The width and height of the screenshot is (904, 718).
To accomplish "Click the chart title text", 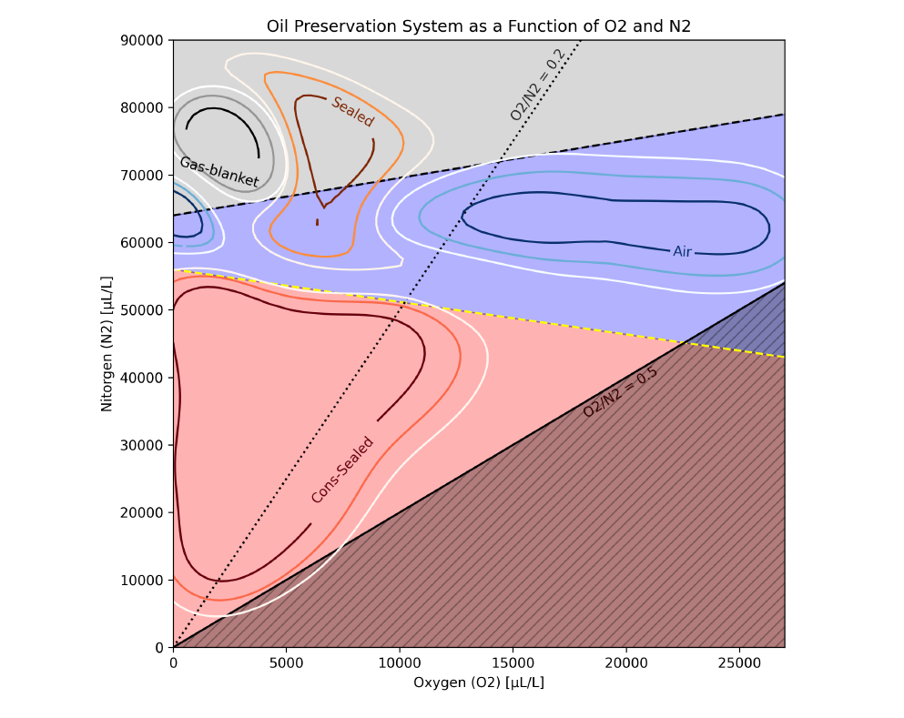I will pos(478,25).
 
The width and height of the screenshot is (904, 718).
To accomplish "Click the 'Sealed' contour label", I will pos(352,112).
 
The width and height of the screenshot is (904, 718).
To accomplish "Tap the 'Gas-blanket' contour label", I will pos(218,171).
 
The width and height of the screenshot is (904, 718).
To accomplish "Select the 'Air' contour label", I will pos(683,251).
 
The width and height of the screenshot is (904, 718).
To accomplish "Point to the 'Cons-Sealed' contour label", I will pos(342,470).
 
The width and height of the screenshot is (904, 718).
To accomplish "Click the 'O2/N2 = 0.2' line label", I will pos(537,85).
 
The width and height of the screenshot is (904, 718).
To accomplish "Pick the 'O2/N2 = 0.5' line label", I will pos(620,392).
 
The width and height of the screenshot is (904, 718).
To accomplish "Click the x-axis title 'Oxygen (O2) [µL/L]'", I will pos(478,683).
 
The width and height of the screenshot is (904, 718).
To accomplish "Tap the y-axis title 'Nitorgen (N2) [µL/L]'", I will pos(107,343).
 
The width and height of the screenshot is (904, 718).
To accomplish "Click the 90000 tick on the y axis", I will pos(145,40).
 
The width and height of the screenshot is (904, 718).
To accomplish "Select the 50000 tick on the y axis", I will pos(145,310).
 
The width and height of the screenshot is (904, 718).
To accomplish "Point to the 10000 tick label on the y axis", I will pos(145,581).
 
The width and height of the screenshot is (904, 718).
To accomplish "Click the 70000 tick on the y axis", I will pos(145,175).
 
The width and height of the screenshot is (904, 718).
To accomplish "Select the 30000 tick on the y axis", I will pos(145,445).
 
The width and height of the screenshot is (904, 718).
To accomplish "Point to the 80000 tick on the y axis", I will pos(145,107).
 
